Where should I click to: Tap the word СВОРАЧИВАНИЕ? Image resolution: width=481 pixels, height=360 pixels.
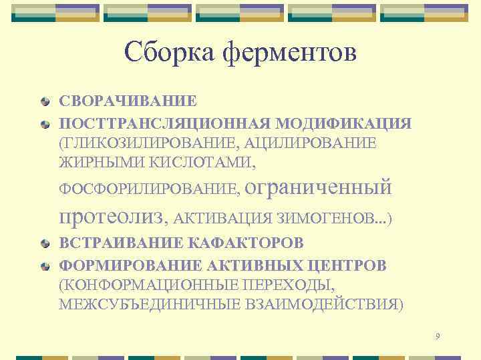pyautogui.click(x=128, y=101)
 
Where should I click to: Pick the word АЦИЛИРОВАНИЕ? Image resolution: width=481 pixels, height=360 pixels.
pyautogui.click(x=310, y=143)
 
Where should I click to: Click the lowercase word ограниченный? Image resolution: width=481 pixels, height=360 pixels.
pyautogui.click(x=319, y=187)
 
